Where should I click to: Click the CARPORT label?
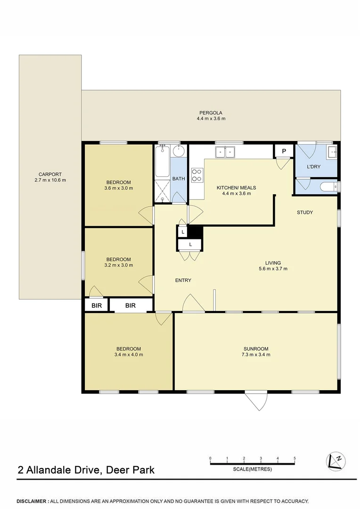point(49,174)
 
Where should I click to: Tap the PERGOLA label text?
point(211,113)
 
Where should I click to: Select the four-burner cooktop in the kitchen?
point(197,175)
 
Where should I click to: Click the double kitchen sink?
point(225,152)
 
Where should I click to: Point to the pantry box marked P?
point(284,151)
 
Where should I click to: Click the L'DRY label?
point(313,166)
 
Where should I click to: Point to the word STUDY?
point(304,212)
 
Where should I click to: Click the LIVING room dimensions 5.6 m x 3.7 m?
point(273,269)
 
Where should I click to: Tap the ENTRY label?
point(183,280)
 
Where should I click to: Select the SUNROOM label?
point(256,349)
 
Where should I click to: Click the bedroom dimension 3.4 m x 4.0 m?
point(128,354)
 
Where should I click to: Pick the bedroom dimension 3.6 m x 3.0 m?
point(118,188)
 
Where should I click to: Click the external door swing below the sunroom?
point(257,401)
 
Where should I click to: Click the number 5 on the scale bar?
point(295,458)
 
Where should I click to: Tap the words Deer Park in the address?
point(130,470)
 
